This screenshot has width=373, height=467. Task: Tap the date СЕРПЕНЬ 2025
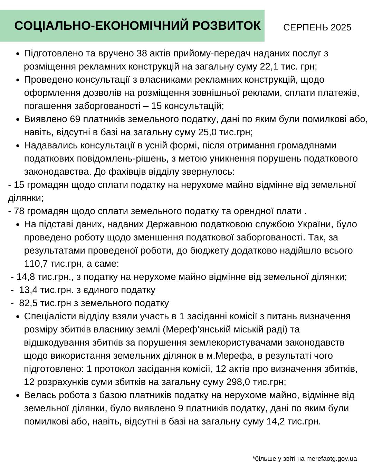coord(317,28)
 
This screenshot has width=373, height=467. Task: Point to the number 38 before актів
coord(142,54)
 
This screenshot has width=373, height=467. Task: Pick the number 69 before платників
coord(75,119)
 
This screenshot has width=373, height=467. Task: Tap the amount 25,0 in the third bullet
coord(206,132)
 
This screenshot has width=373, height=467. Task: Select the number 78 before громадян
coord(20,211)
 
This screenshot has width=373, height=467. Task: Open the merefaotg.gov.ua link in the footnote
coord(331,459)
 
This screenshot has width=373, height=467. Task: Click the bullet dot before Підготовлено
coord(18,54)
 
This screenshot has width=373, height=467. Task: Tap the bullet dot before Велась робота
coord(18,396)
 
